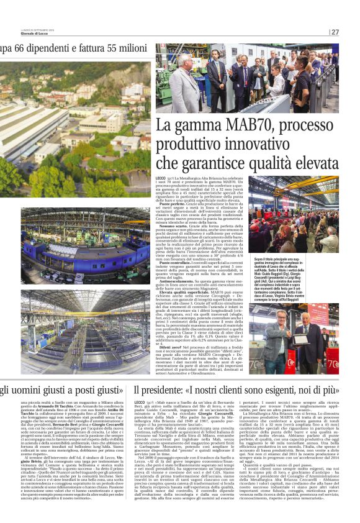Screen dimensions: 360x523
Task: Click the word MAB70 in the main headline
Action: pos(238,127)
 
